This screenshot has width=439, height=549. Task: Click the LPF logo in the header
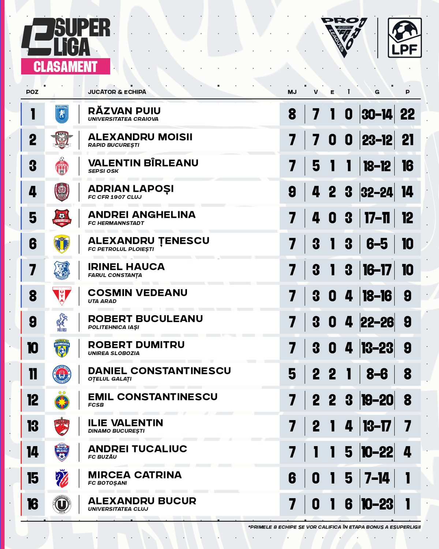coord(405,38)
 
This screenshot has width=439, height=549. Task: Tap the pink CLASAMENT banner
coord(65,67)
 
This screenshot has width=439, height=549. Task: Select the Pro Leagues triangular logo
coord(344,36)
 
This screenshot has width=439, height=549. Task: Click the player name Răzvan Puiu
coord(124,111)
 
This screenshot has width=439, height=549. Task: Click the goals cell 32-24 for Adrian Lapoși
coord(377,192)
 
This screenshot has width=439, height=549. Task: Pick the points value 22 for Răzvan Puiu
coord(407,114)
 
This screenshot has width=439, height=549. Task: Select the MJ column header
coord(292,92)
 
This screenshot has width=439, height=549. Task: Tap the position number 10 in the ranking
coord(33,348)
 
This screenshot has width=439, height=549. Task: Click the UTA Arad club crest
coord(62,296)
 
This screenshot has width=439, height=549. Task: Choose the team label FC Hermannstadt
coord(116,223)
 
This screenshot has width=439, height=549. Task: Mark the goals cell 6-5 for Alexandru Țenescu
coord(377,244)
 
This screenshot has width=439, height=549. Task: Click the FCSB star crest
coord(62,400)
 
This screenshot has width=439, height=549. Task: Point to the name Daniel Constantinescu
coord(160,371)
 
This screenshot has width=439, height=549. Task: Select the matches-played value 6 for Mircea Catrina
coord(292,478)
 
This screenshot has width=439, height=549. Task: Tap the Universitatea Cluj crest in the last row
coord(62,504)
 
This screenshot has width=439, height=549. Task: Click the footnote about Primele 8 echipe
coord(334,527)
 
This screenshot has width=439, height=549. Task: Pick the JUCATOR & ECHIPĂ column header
coord(117,92)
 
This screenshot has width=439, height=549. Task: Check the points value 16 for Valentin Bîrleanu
coord(407,166)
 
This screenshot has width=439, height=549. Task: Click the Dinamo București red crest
coord(62,426)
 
